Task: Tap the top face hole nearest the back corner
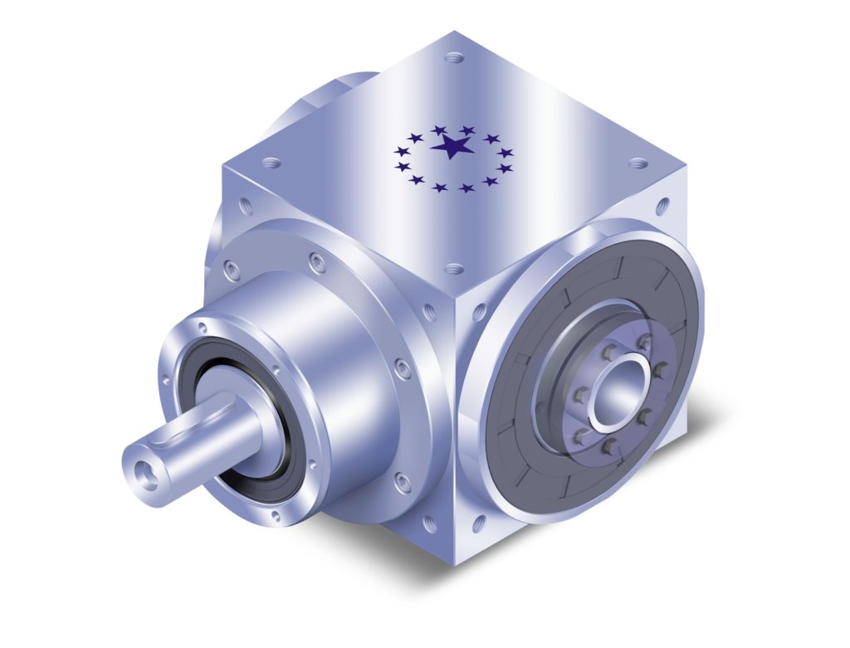(x=452, y=58)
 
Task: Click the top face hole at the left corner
(x=269, y=163)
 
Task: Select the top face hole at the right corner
(x=637, y=164)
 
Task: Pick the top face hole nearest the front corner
(x=453, y=269)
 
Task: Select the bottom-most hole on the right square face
(x=478, y=523)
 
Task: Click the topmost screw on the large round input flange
(x=315, y=263)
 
